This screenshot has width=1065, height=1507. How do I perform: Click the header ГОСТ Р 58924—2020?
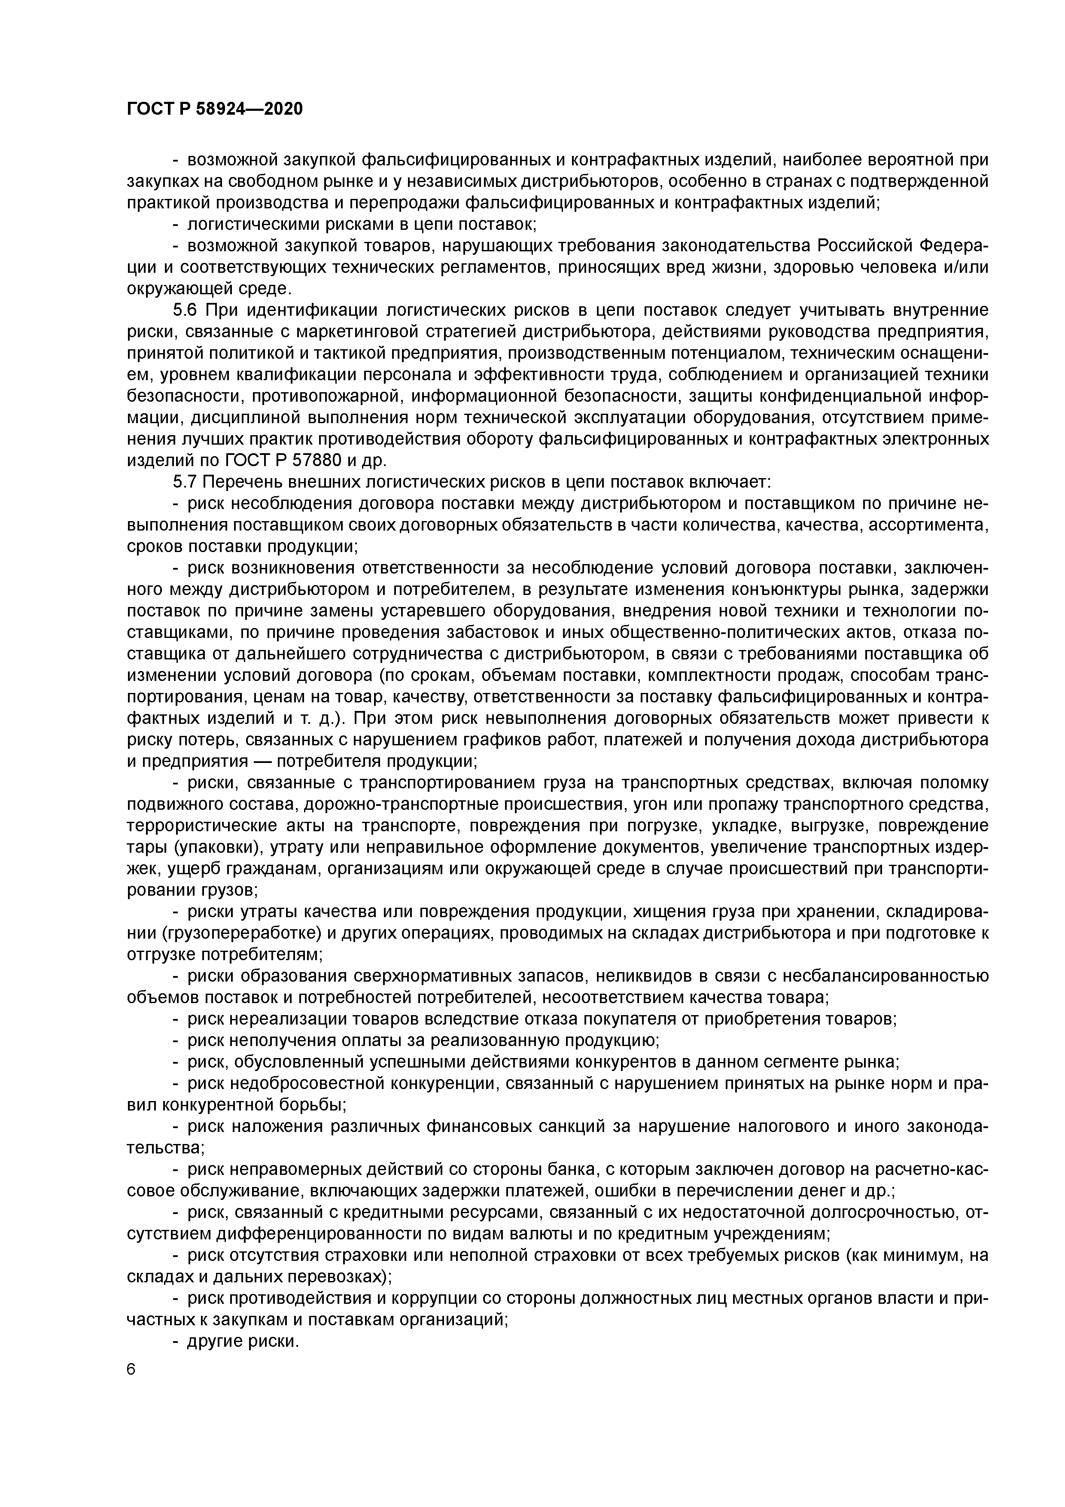(x=215, y=109)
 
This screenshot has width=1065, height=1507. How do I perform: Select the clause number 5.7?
(x=186, y=482)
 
